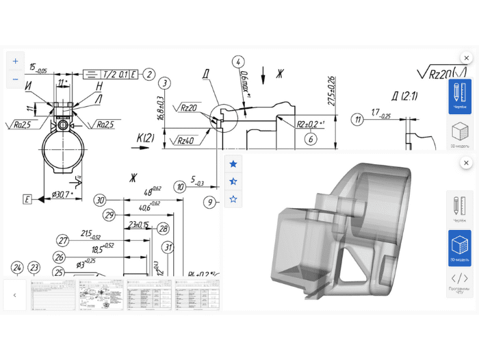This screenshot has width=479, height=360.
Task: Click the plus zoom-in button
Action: click(15, 61)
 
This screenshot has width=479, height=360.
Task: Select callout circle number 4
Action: click(239, 62)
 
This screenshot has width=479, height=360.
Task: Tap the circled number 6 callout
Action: click(310, 138)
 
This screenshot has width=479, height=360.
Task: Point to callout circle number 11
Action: click(357, 120)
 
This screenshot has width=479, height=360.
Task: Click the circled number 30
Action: click(101, 200)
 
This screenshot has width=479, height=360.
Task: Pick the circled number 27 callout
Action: click(64, 241)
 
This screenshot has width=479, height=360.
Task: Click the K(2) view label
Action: click(145, 138)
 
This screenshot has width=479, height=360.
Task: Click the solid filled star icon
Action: click(233, 164)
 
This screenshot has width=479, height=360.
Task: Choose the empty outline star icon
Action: click(233, 199)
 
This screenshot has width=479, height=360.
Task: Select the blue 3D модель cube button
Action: click(459, 248)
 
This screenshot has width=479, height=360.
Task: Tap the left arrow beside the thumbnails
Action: click(15, 295)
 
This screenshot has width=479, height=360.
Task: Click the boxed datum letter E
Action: click(27, 199)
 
